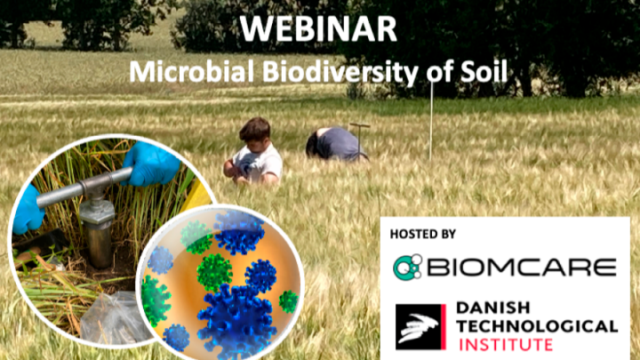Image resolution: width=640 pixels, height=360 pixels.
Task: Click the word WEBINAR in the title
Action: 319,28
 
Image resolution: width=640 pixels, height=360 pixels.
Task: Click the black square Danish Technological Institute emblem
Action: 420,326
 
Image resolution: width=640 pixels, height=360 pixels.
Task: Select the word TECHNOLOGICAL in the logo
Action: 536,326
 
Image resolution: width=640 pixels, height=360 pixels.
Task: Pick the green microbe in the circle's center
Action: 213,272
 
